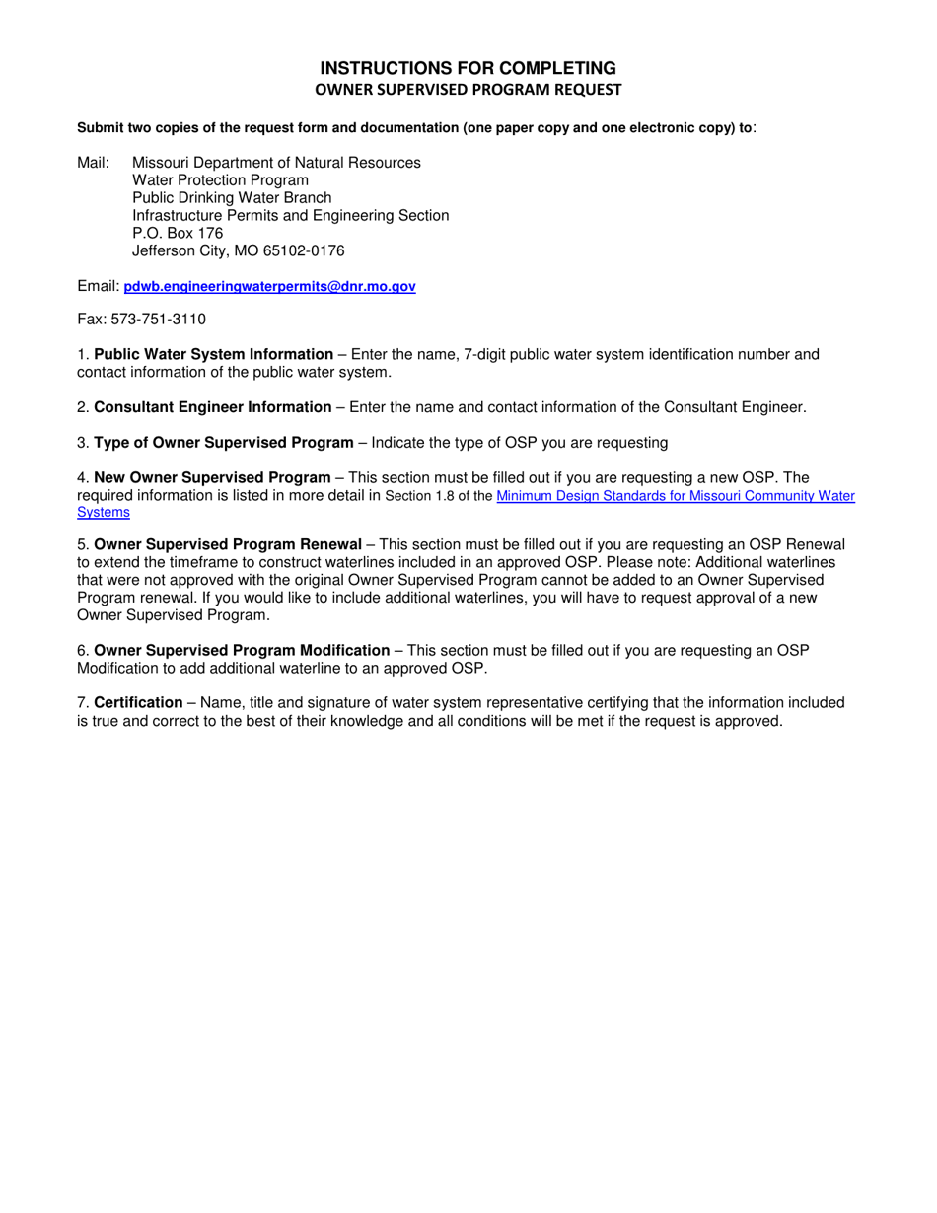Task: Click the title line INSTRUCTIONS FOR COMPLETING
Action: click(x=468, y=68)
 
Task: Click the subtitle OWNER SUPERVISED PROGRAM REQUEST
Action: click(x=468, y=90)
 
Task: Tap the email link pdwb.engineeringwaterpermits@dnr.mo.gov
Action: click(x=269, y=287)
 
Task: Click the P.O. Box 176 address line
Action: click(x=178, y=233)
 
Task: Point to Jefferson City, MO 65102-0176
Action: click(x=238, y=251)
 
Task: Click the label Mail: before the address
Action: click(x=95, y=162)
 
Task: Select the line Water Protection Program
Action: click(x=220, y=179)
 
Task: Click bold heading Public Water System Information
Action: click(x=213, y=354)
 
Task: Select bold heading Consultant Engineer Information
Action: click(x=212, y=407)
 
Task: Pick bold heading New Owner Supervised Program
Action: click(x=212, y=478)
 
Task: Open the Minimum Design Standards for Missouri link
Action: click(x=675, y=497)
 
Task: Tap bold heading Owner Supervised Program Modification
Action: click(x=242, y=650)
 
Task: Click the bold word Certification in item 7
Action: click(x=138, y=703)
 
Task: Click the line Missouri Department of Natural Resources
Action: click(x=276, y=162)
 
